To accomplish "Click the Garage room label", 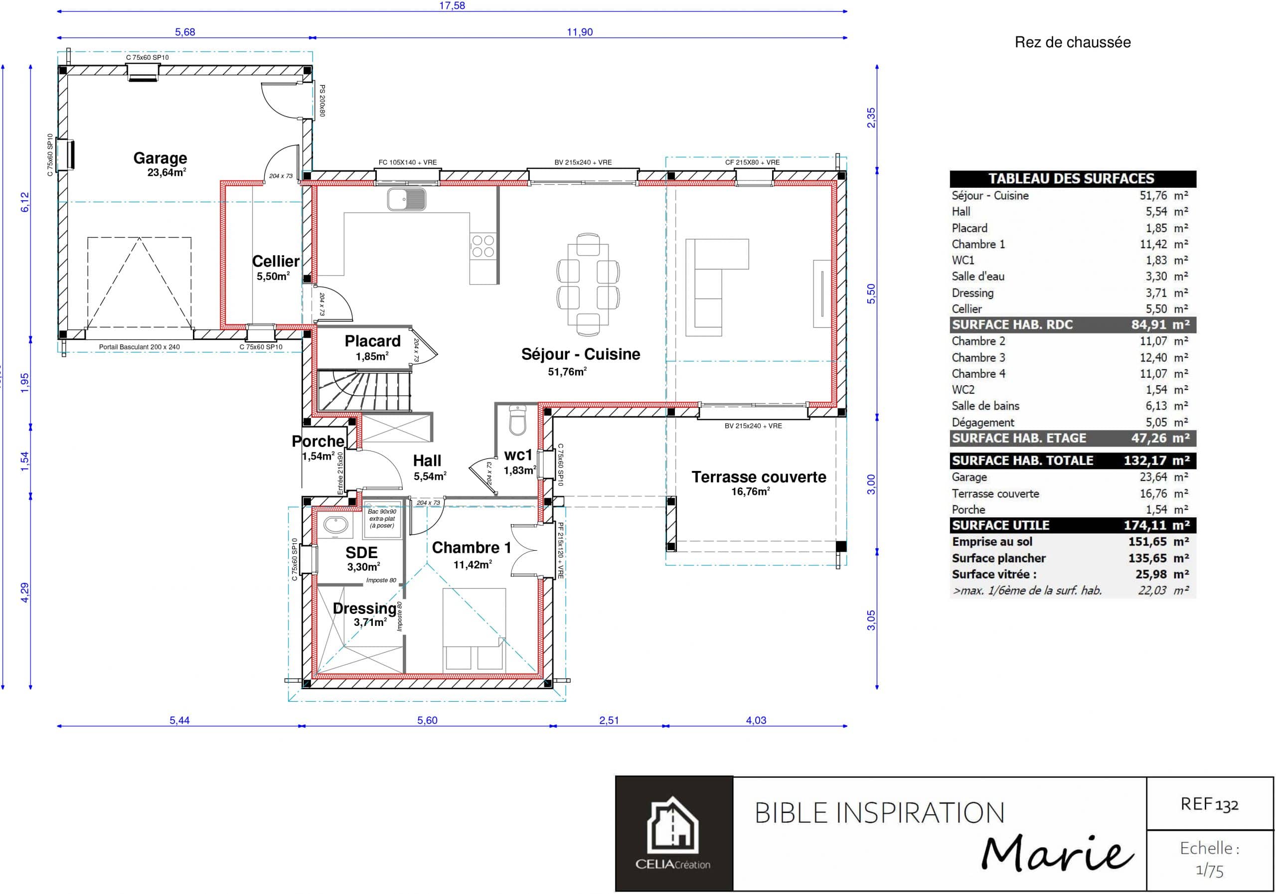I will click(x=160, y=158).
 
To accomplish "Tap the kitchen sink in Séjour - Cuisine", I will click(x=406, y=199).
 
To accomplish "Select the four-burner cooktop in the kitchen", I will click(x=482, y=246).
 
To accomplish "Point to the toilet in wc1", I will click(x=517, y=421).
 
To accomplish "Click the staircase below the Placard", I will click(x=364, y=391).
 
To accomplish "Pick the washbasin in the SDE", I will click(x=335, y=525).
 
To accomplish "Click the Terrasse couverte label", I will click(x=759, y=477).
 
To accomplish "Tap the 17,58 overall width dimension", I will click(x=452, y=6).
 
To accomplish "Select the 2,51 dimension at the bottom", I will click(x=609, y=720).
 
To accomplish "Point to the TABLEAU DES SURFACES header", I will click(x=1071, y=178).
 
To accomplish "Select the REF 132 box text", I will click(x=1209, y=804).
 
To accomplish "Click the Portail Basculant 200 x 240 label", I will click(x=139, y=347).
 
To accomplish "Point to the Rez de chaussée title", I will click(x=1072, y=42).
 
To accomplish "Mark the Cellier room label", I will click(x=275, y=261).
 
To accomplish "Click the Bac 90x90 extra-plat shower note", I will click(x=382, y=518).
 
